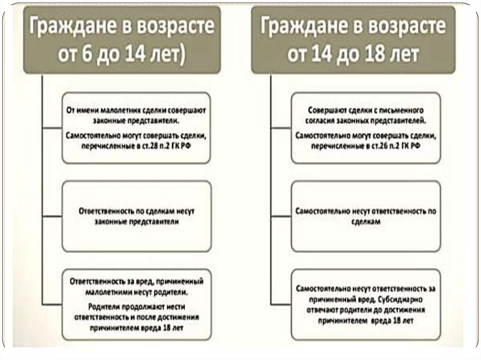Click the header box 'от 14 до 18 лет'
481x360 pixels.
tap(353, 40)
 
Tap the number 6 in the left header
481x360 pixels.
tap(87, 56)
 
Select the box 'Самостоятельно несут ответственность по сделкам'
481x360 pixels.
tap(365, 216)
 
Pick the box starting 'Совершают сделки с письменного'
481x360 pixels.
tap(365, 128)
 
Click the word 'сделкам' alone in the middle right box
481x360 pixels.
tap(365, 224)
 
